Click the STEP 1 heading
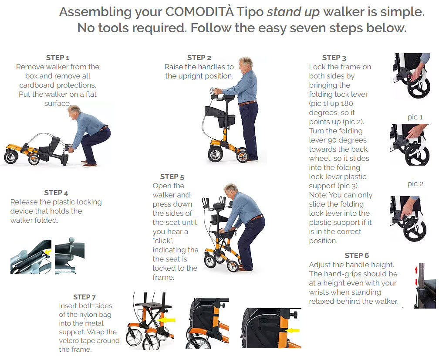pyautogui.click(x=57, y=58)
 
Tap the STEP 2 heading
pyautogui.click(x=199, y=58)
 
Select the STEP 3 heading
pyautogui.click(x=334, y=58)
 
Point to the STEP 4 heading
pyautogui.click(x=56, y=193)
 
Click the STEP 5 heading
pyautogui.click(x=172, y=177)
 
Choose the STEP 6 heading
pyautogui.click(x=356, y=255)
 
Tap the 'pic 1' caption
pyautogui.click(x=415, y=117)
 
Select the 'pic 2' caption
pyautogui.click(x=415, y=184)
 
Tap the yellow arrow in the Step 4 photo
pyautogui.click(x=48, y=251)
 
